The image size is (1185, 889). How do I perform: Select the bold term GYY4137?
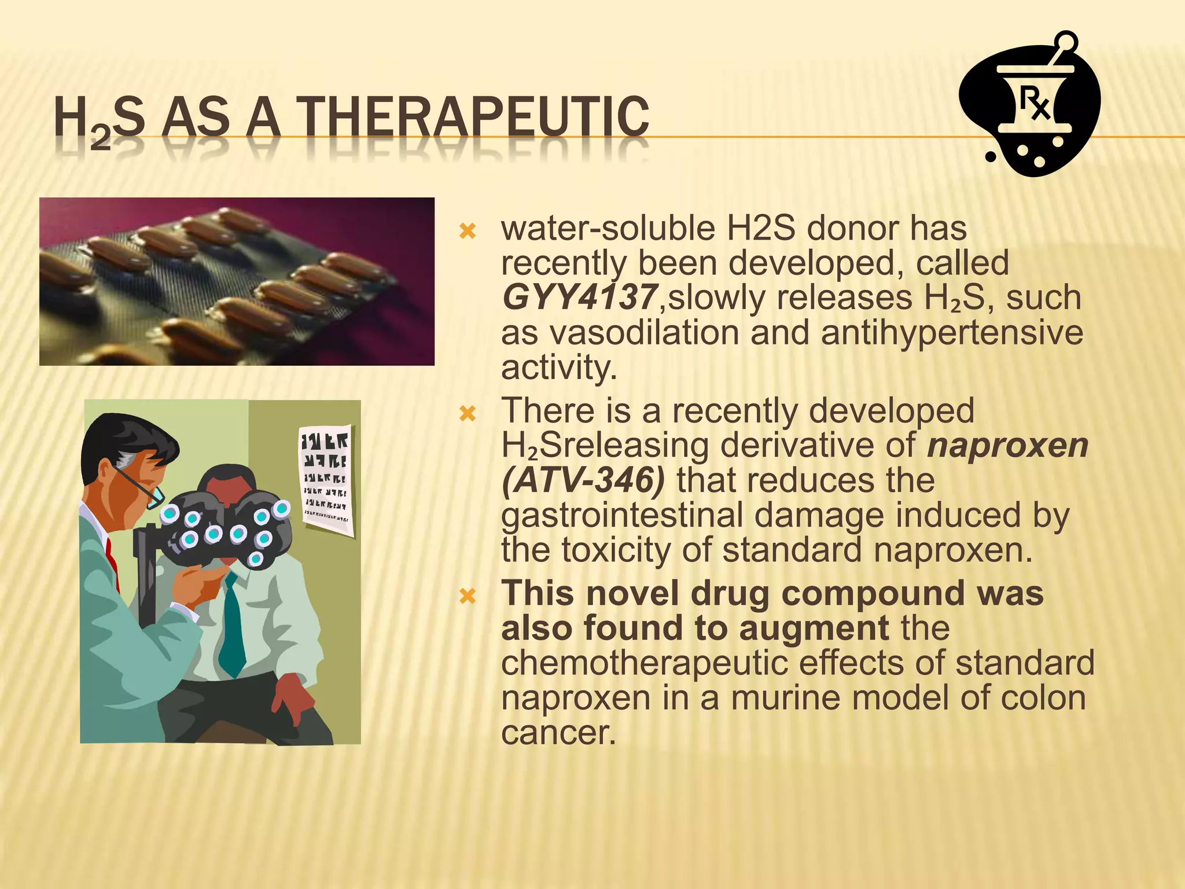coord(579,297)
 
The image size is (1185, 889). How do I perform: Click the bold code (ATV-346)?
coord(583,480)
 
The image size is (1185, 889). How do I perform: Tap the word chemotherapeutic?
coord(644,663)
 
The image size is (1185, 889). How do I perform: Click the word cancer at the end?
coord(558,733)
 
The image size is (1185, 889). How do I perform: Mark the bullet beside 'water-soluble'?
coord(467,233)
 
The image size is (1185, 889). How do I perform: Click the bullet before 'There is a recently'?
coord(467,414)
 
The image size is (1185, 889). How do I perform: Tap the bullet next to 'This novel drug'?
coord(467,596)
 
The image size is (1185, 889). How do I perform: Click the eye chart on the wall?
coord(326,477)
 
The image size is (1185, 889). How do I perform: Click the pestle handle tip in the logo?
coord(1068,42)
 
